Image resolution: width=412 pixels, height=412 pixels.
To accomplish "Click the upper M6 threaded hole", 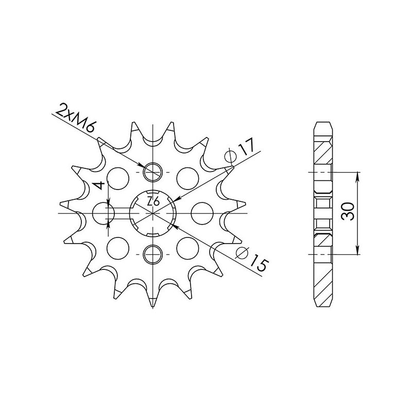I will click(x=153, y=172).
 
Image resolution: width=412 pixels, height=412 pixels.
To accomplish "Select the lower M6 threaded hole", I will click(x=153, y=253).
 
